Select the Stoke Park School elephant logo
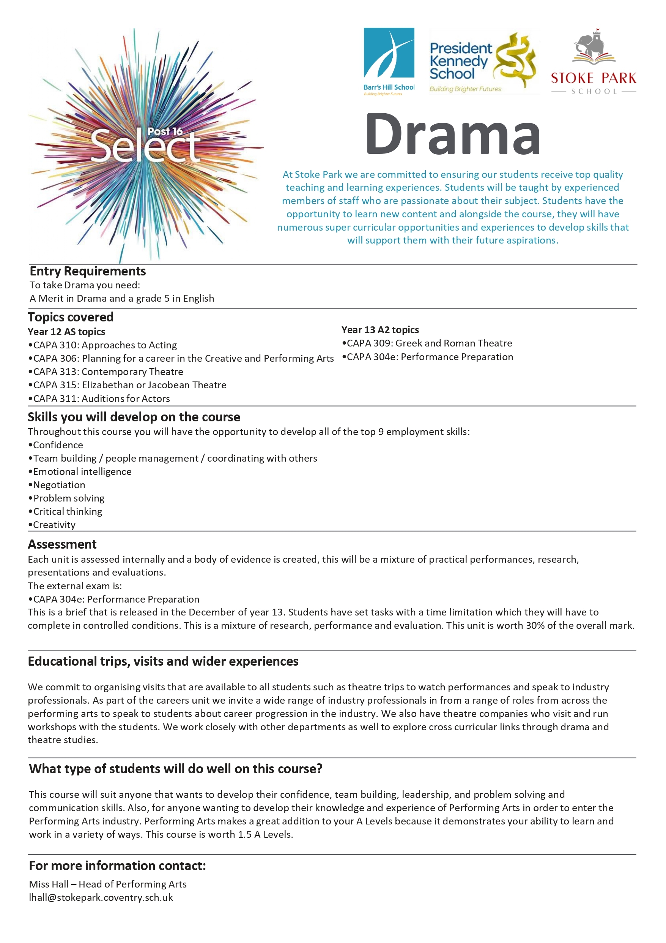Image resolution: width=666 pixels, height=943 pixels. (x=594, y=62)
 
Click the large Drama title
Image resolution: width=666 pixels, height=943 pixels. (x=453, y=135)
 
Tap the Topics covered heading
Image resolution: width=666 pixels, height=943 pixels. (x=71, y=317)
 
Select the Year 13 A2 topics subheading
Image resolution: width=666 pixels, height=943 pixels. (x=380, y=330)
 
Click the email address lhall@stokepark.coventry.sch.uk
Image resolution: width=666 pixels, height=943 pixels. (x=101, y=897)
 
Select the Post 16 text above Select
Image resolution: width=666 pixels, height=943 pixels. (x=165, y=131)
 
